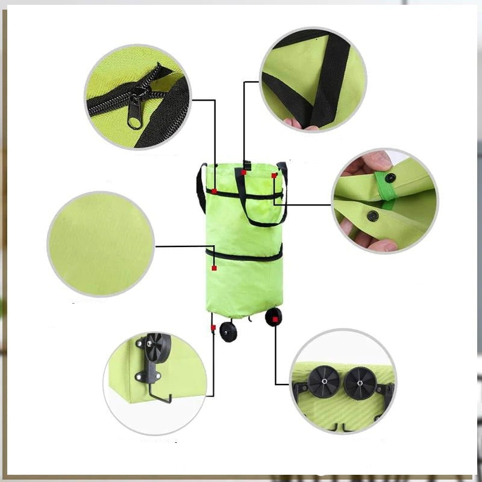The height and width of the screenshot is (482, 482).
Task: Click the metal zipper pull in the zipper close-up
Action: pyautogui.click(x=135, y=111)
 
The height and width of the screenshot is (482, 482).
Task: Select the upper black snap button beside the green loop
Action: pyautogui.click(x=390, y=178)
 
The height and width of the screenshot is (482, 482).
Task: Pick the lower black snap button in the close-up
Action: pyautogui.click(x=373, y=215)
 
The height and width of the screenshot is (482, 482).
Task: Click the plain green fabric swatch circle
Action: pyautogui.click(x=101, y=245)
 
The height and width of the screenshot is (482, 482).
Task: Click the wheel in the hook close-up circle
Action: pyautogui.click(x=158, y=346)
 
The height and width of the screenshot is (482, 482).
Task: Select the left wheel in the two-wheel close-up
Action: pyautogui.click(x=319, y=383)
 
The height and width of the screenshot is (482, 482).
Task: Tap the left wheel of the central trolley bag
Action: pyautogui.click(x=228, y=332)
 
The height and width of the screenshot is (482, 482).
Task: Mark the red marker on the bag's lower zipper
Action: pyautogui.click(x=214, y=268)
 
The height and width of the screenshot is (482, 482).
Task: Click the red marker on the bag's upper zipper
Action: pyautogui.click(x=214, y=191)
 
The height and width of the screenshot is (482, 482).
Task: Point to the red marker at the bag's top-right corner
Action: pyautogui.click(x=274, y=175)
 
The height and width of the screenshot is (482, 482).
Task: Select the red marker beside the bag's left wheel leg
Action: pyautogui.click(x=213, y=327)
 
